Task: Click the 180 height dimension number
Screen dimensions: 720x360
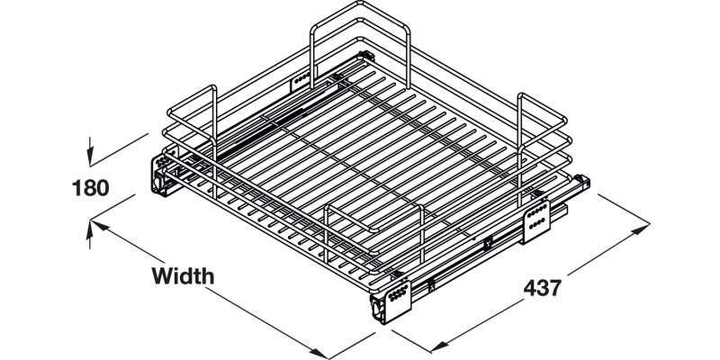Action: click(91, 188)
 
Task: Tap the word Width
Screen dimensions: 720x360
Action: click(183, 276)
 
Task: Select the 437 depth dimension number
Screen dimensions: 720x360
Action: click(543, 288)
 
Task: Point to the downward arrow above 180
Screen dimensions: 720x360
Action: click(90, 150)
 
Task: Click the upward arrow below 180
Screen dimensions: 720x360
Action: click(90, 235)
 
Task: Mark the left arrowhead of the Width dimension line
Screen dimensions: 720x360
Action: click(100, 226)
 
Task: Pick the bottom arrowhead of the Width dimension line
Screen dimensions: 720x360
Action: click(319, 353)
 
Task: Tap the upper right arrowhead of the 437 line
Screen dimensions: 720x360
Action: click(641, 229)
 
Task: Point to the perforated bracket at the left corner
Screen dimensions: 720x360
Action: click(161, 162)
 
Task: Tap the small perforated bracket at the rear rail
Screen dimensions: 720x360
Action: click(301, 80)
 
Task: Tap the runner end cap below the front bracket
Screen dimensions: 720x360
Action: click(377, 310)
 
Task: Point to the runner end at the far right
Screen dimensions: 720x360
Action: click(582, 183)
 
